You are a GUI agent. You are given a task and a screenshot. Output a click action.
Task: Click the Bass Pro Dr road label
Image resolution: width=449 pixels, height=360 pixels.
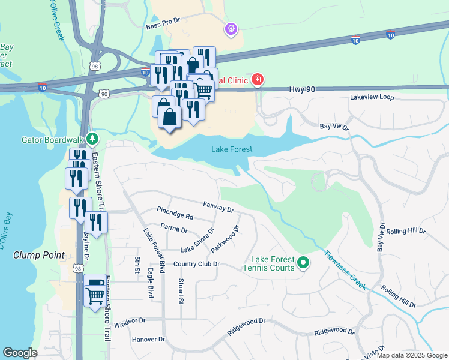tap(163, 27)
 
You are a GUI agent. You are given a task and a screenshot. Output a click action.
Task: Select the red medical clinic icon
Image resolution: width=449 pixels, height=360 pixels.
tap(258, 79)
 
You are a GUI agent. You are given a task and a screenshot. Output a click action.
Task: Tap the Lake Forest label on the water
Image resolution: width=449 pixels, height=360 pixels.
tap(232, 149)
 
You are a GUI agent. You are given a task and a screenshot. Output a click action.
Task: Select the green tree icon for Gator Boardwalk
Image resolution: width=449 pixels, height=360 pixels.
tap(91, 139)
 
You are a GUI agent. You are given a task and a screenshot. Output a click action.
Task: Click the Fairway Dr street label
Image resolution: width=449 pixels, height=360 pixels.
tap(217, 207)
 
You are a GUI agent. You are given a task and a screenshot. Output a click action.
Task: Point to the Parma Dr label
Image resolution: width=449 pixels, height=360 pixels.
tap(175, 229)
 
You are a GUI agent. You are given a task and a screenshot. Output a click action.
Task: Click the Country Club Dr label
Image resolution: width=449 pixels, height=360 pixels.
tap(197, 264)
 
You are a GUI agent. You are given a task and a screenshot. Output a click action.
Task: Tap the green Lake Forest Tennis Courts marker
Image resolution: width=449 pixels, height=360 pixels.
tap(303, 263)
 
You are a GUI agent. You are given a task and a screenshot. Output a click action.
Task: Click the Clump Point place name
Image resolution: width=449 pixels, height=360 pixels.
tap(38, 255)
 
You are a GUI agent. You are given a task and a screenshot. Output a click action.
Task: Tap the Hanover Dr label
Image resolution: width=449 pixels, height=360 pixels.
tap(148, 339)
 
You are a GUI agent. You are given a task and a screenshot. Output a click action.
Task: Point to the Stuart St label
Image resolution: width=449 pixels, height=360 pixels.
tap(181, 291)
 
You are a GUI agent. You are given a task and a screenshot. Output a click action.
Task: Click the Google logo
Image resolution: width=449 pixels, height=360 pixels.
tap(20, 353)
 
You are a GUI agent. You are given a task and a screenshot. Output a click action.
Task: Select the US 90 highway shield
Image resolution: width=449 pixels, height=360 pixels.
tap(104, 94)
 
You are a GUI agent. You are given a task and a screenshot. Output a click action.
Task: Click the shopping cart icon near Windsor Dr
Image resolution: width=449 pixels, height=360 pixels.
tap(94, 294)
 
